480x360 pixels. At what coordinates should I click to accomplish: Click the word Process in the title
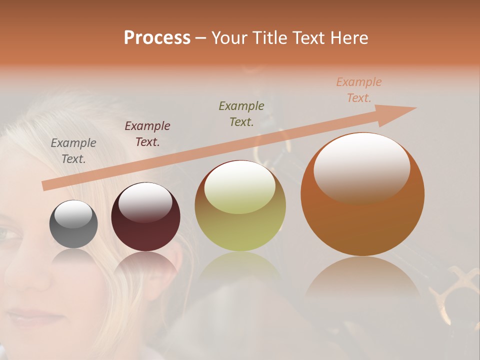(x=157, y=38)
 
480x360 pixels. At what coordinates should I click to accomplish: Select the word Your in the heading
(x=229, y=38)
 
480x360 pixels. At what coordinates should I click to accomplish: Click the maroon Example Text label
(x=147, y=134)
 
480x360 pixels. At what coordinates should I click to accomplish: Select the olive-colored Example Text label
(x=241, y=113)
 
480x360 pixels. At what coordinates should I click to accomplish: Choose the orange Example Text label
(x=359, y=90)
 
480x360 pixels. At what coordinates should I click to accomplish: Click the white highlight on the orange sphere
(x=361, y=167)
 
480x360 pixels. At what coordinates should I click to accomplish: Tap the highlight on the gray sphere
(x=73, y=214)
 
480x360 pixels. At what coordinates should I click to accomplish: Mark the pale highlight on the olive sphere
(x=240, y=187)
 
